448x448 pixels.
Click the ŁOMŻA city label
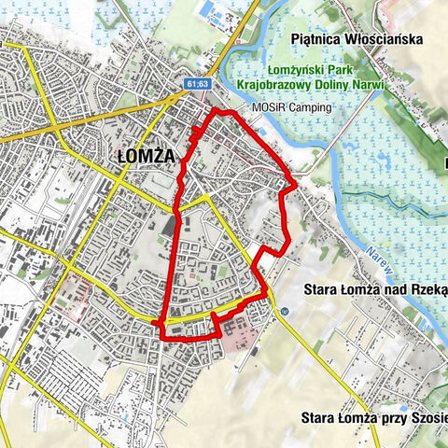[x=147, y=157]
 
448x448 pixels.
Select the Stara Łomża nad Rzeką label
[x=374, y=289]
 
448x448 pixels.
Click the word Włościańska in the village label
[x=383, y=39]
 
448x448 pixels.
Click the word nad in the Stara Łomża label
[x=393, y=289]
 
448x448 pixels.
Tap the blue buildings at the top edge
[x=213, y=15]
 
